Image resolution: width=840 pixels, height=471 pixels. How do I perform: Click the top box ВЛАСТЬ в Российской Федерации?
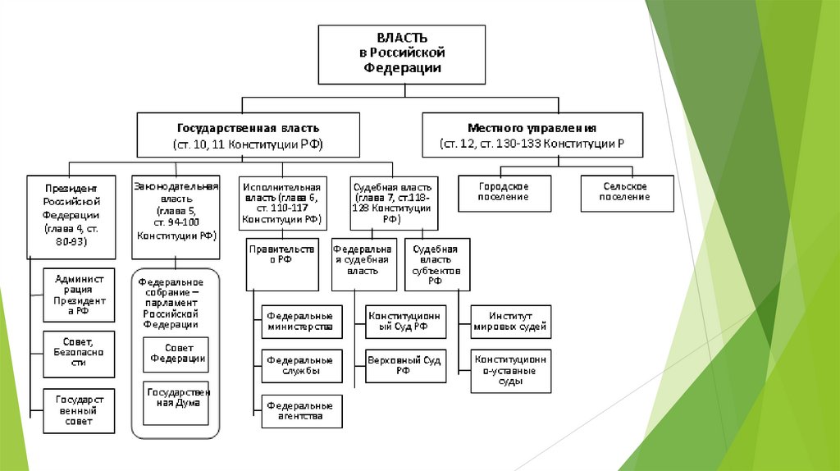coord(402,54)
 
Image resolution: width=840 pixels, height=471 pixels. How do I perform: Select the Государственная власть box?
coord(249,136)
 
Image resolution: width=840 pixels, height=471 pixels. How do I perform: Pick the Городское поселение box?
coord(504,193)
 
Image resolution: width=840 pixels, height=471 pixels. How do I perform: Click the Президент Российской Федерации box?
coord(71,214)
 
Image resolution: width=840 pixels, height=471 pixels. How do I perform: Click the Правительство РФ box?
coord(282,264)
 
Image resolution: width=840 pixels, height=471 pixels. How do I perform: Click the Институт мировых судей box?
coord(510,322)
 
